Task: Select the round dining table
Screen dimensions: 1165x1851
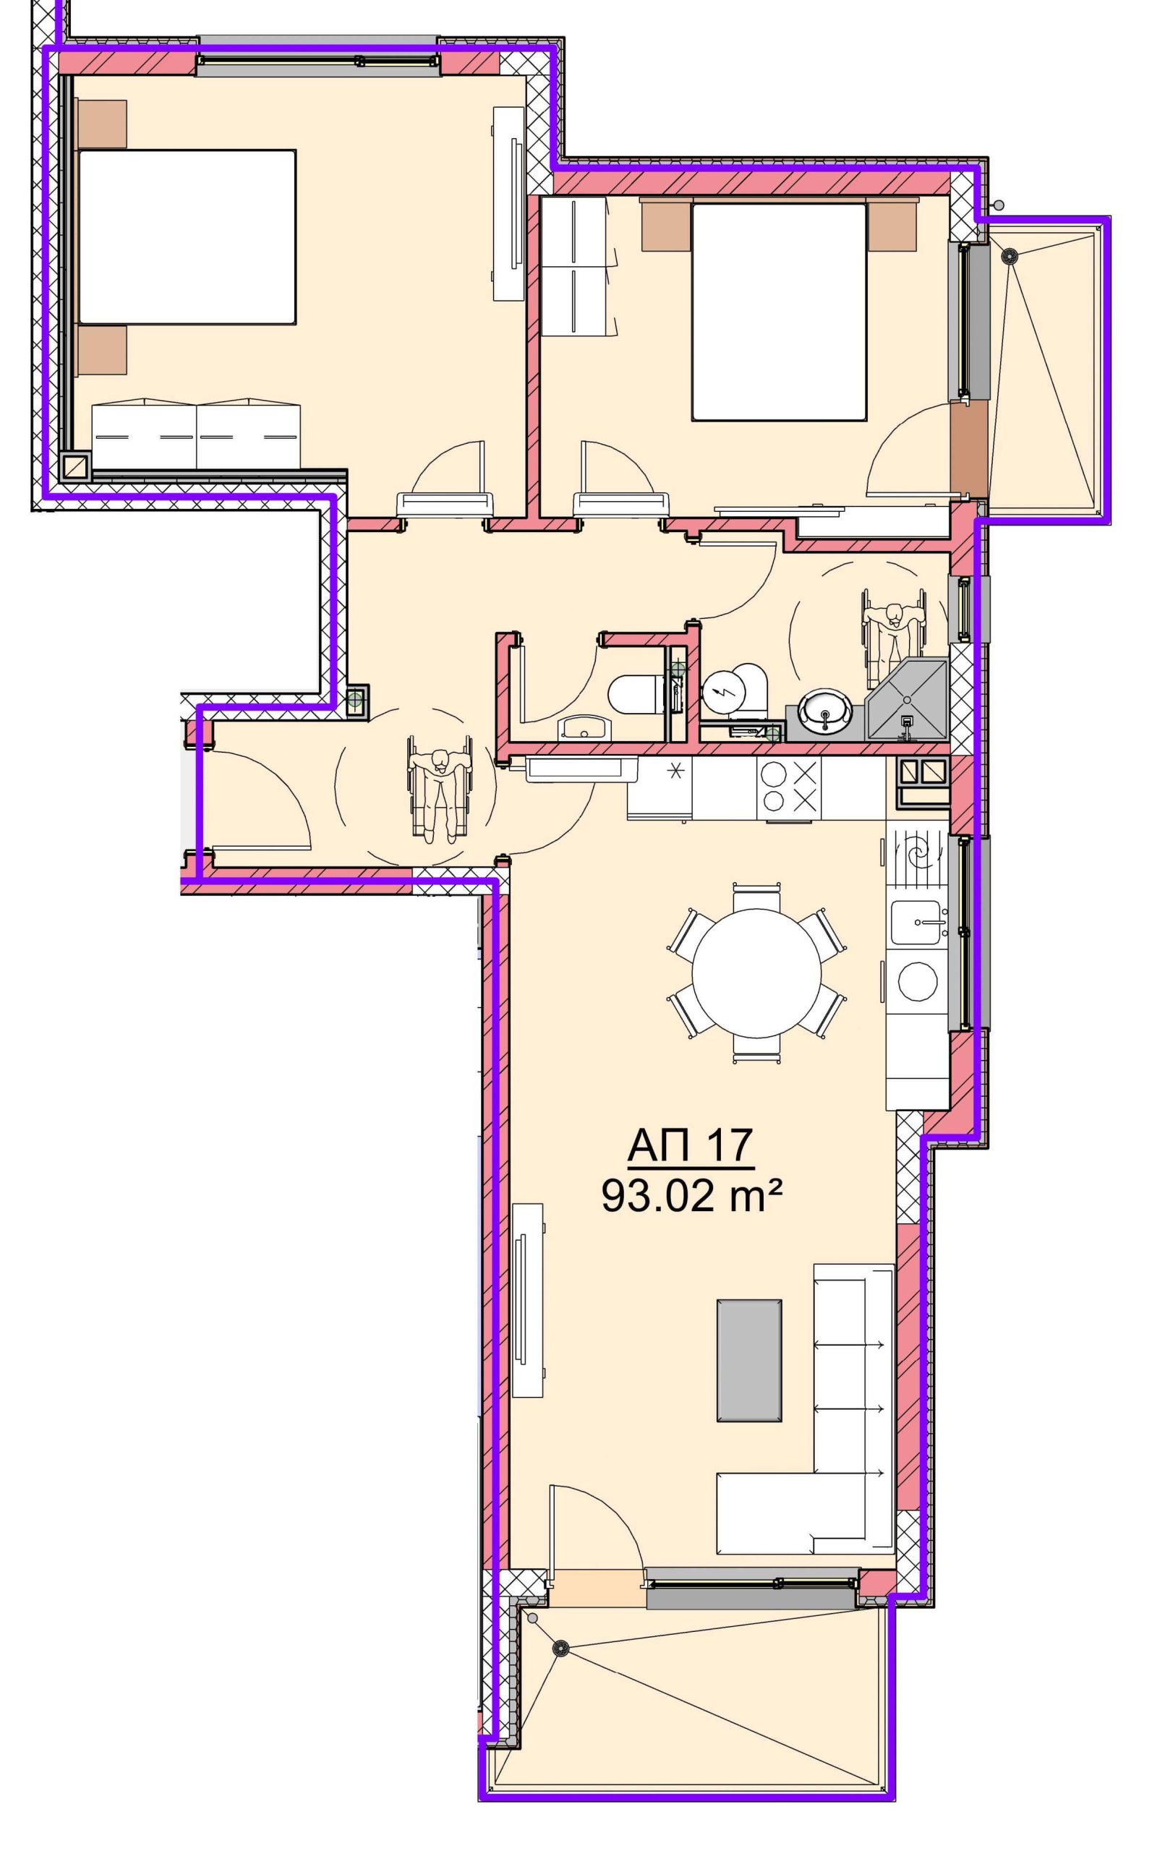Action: (x=756, y=974)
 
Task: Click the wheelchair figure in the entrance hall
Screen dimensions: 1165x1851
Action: (x=439, y=788)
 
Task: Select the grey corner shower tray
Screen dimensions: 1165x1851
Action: (x=908, y=699)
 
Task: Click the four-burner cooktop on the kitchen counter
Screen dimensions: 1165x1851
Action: (x=788, y=788)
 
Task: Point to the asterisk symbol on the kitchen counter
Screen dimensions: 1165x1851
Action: (x=676, y=771)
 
